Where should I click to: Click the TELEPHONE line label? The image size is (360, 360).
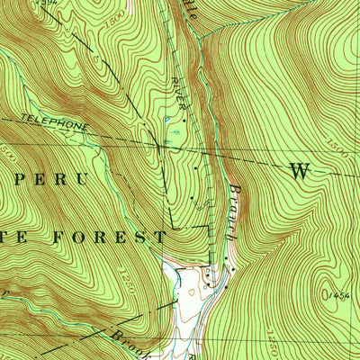[x=54, y=122]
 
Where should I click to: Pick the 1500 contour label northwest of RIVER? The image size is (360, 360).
[x=115, y=42]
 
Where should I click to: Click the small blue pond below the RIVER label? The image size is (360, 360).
[x=167, y=118]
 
